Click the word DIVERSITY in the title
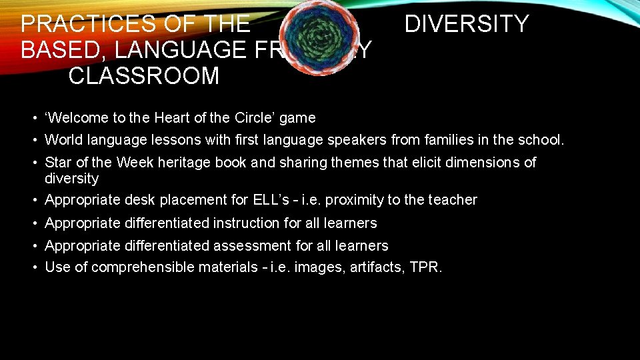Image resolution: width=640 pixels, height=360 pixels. [x=467, y=24]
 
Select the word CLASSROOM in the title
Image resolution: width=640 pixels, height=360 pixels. [x=143, y=76]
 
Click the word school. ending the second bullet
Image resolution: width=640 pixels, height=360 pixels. [x=541, y=141]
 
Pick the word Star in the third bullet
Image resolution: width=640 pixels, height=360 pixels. [x=57, y=163]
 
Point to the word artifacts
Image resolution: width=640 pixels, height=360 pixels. [x=375, y=268]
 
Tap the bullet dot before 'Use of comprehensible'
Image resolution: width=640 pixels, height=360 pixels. [x=33, y=268]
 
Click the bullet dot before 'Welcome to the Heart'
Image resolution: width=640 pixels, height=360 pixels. [x=33, y=118]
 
